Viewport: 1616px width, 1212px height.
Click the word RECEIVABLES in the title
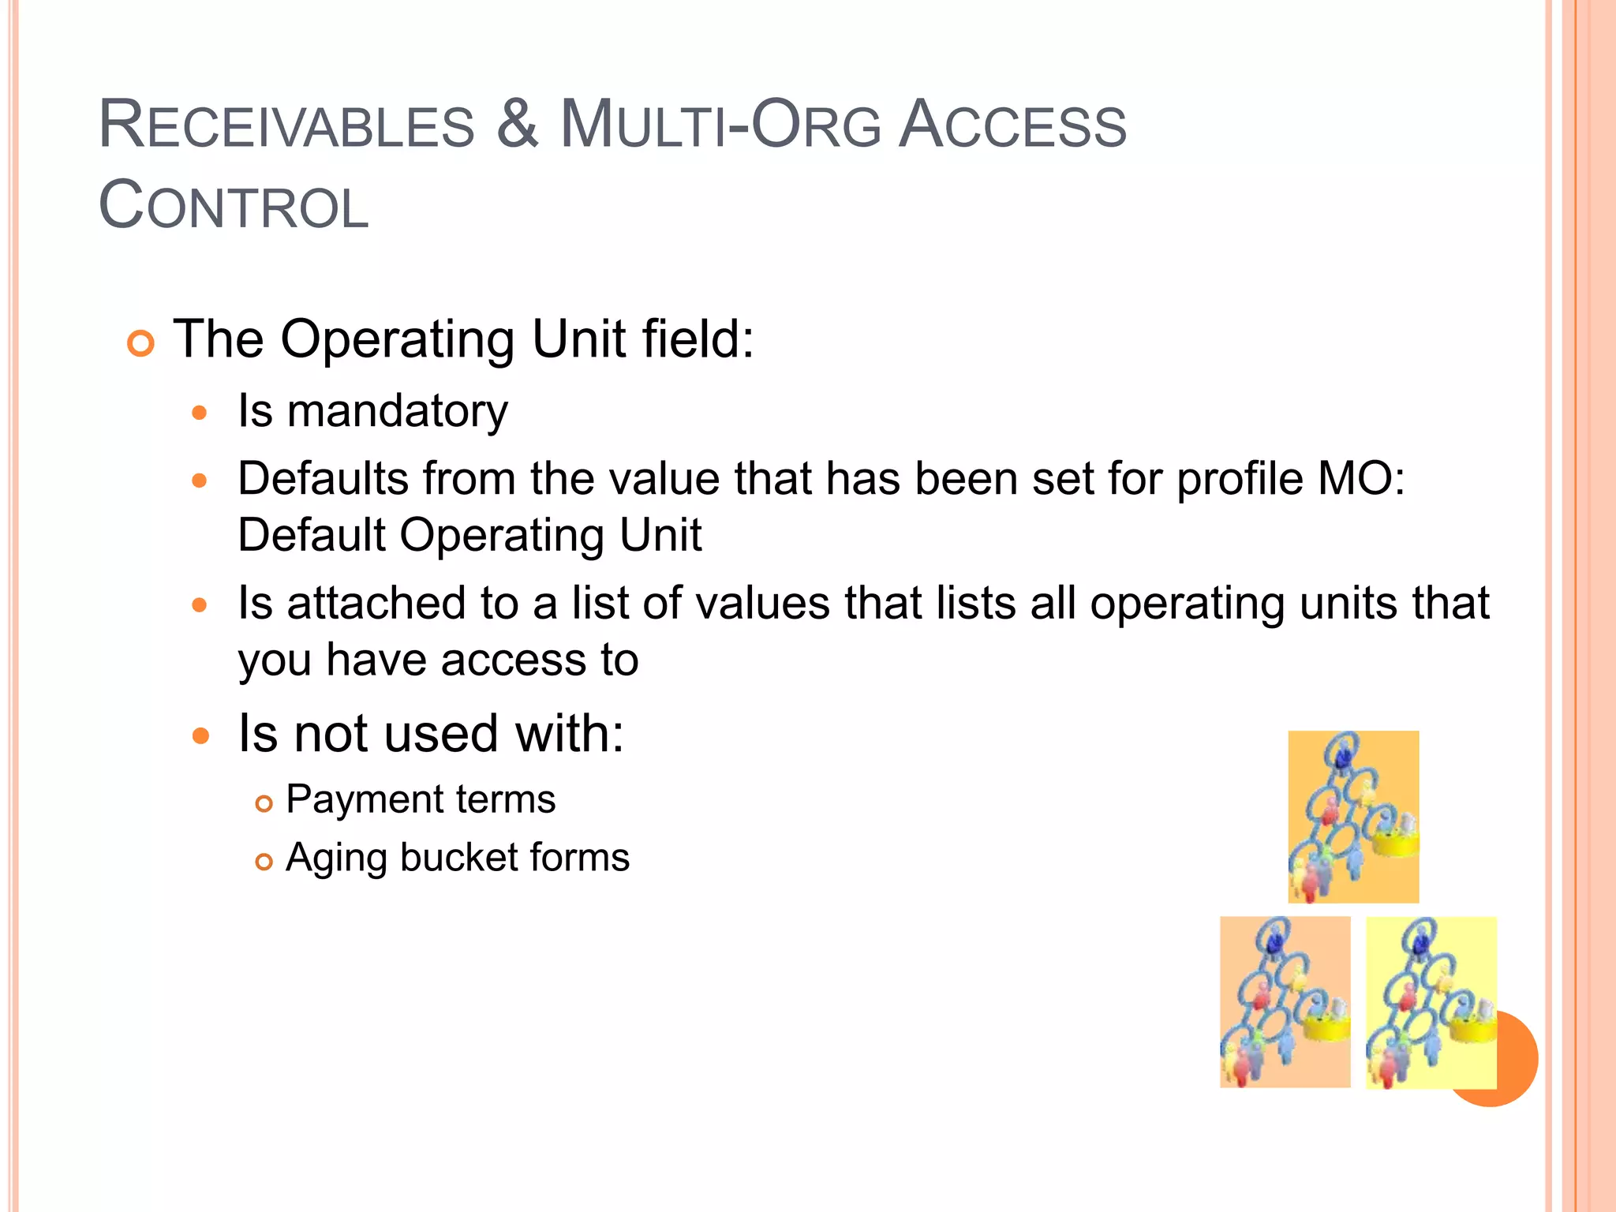tap(286, 126)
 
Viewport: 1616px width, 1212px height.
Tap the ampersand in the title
tap(518, 125)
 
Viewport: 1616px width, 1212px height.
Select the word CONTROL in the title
tap(234, 207)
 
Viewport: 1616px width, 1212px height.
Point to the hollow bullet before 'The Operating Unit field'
tap(140, 344)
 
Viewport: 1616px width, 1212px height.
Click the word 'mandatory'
tap(397, 412)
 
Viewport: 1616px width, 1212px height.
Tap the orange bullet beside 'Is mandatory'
tap(200, 413)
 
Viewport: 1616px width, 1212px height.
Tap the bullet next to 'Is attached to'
tap(200, 605)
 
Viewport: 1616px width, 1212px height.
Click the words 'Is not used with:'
tap(430, 734)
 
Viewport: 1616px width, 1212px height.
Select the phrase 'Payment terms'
tap(420, 799)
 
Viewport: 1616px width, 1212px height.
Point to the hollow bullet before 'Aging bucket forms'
tap(264, 862)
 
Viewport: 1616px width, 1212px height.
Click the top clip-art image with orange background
tap(1352, 817)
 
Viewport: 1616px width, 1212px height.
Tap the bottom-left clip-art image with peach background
tap(1285, 1002)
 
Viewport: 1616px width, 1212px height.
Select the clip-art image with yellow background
tap(1430, 1002)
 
